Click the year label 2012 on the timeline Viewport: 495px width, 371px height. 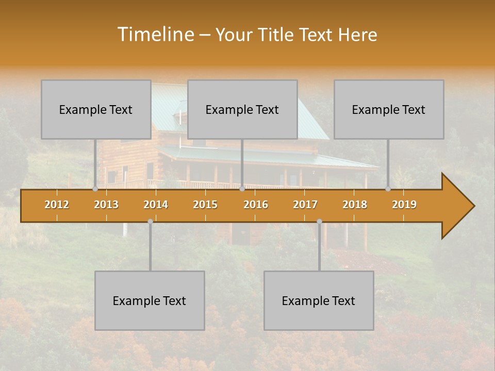coord(57,205)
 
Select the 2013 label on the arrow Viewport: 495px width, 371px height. coord(106,205)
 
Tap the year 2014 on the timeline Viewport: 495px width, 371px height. coord(156,205)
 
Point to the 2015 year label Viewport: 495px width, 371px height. coord(205,205)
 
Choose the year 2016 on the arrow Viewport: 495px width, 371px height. coord(256,205)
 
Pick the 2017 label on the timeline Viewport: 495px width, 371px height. coord(305,205)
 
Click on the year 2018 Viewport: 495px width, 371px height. coord(355,205)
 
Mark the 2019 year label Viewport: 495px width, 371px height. coord(404,205)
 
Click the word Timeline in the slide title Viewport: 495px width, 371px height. coord(155,35)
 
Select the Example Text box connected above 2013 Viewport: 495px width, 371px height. coord(96,109)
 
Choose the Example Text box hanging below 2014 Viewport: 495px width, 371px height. coord(150,300)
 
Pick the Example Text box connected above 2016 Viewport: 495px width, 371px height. coord(242,109)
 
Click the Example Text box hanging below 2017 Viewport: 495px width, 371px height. coord(319,300)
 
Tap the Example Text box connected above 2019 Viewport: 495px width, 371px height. coord(389,109)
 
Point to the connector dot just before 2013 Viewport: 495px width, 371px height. coord(95,189)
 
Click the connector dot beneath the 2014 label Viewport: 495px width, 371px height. coord(150,221)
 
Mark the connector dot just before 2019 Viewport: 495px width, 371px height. coord(388,189)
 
